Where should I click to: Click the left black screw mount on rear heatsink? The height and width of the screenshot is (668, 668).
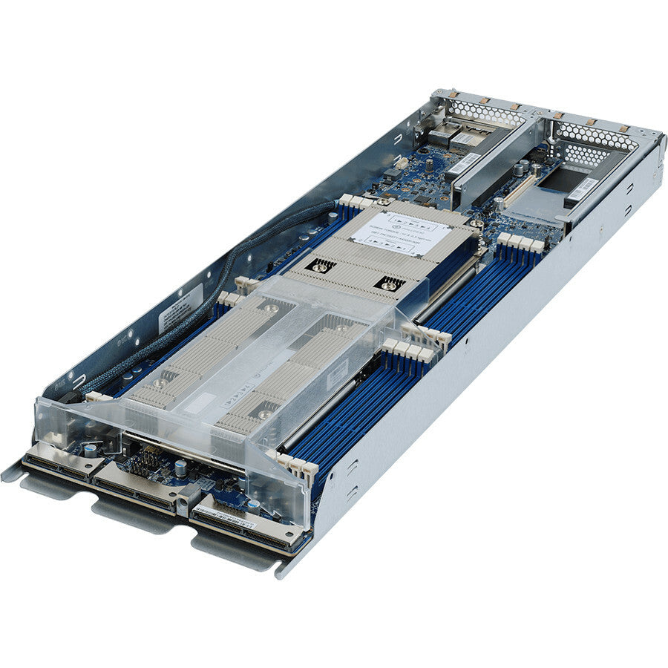(x=321, y=265)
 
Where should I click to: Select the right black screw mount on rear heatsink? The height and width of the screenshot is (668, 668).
(x=390, y=283)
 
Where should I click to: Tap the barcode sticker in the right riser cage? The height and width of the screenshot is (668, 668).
(x=583, y=189)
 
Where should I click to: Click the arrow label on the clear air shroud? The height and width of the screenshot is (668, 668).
(x=245, y=391)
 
